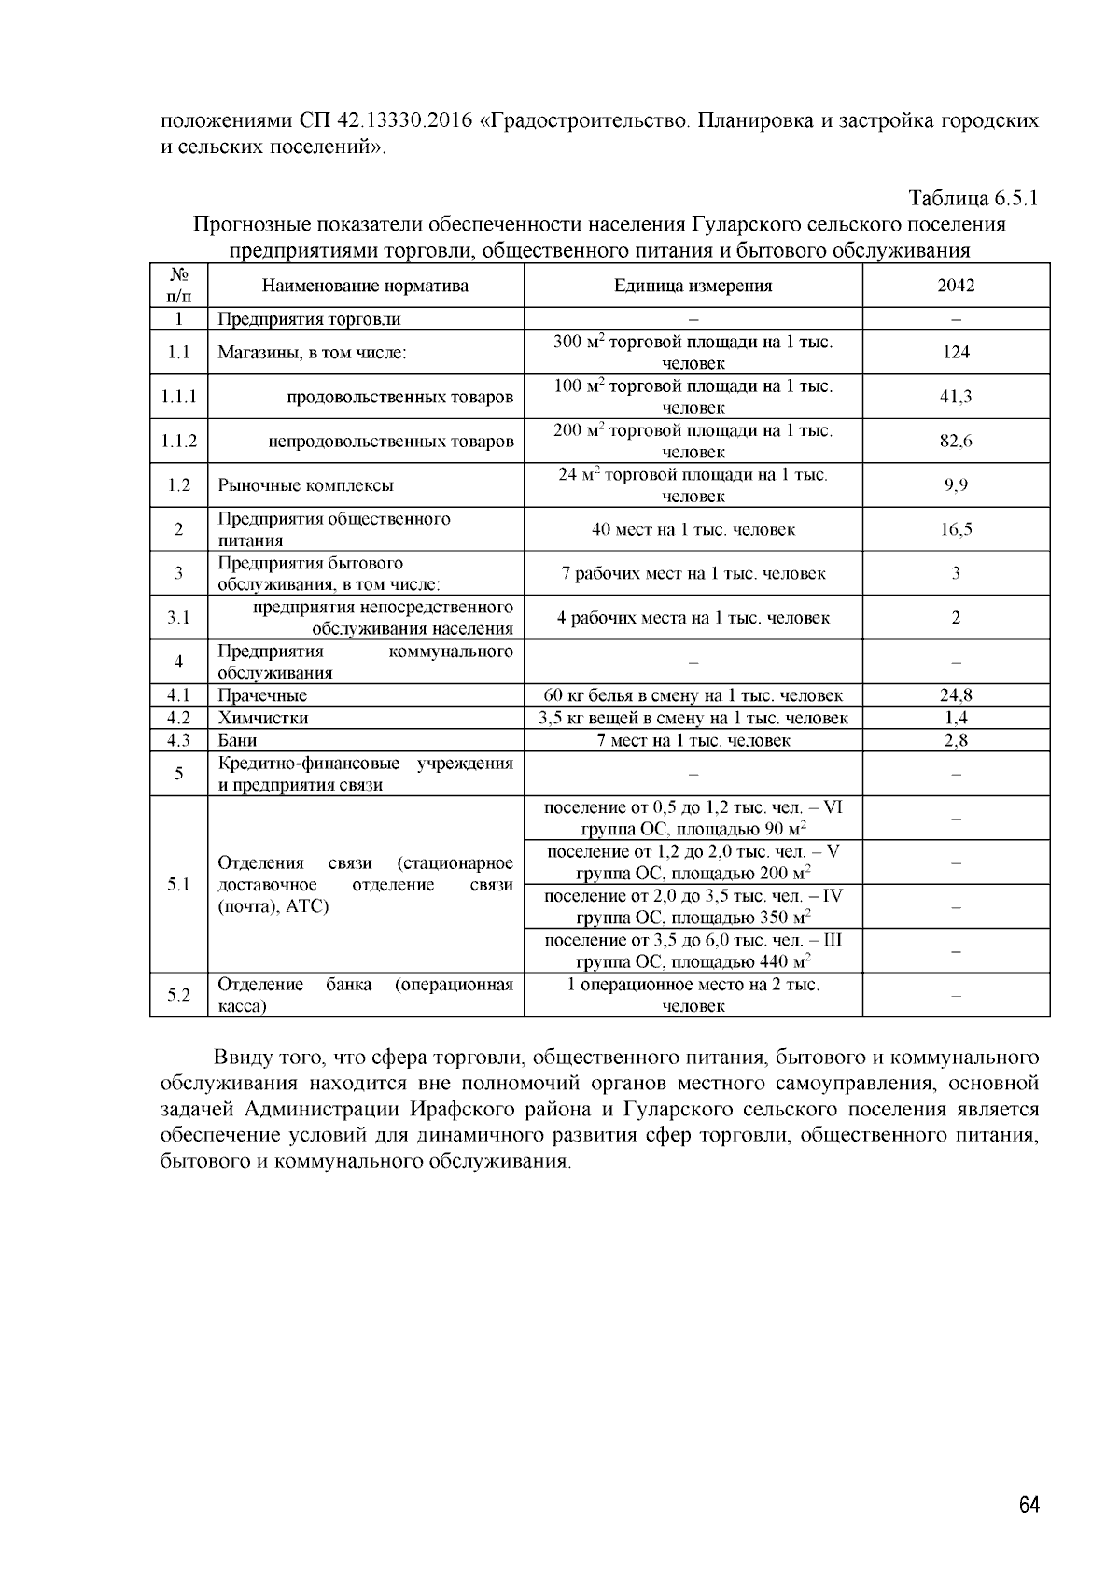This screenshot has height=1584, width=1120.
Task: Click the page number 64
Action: (1029, 1506)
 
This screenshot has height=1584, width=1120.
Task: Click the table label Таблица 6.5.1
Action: (973, 199)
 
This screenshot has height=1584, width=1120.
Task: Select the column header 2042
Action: (956, 286)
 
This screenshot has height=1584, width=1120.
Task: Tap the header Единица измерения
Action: (693, 286)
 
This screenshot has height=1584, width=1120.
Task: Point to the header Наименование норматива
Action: (365, 286)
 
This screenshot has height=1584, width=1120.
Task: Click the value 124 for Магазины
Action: (956, 352)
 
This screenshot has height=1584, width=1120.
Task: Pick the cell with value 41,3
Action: (956, 397)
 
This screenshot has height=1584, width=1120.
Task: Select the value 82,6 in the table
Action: (956, 441)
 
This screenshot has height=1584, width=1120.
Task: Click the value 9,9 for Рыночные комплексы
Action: (956, 485)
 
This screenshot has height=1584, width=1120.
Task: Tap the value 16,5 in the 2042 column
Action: (956, 529)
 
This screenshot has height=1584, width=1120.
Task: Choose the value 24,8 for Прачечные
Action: (956, 695)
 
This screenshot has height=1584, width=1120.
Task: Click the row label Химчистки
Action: (263, 718)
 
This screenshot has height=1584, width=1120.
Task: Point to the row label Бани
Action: (238, 740)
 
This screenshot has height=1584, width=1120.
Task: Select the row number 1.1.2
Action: (178, 441)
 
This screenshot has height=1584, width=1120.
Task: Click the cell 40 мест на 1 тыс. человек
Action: (693, 529)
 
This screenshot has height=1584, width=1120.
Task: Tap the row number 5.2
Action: (178, 995)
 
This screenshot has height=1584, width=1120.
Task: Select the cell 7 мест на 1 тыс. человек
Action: (693, 740)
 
